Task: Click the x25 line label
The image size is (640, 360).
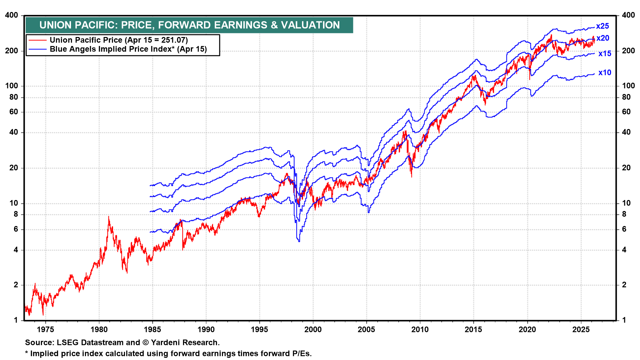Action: click(x=602, y=26)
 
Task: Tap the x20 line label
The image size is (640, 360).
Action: click(x=603, y=38)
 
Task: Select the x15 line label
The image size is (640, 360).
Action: click(x=605, y=54)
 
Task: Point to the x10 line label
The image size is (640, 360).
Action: click(x=605, y=73)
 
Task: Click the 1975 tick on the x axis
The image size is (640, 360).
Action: click(x=45, y=330)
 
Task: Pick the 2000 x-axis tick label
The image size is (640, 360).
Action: click(x=313, y=330)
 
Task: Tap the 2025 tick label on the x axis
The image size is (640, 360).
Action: click(x=581, y=330)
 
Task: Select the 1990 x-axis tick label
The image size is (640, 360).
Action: click(x=206, y=330)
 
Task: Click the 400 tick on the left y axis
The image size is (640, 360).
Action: click(x=12, y=15)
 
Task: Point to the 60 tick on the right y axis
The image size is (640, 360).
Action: click(x=626, y=112)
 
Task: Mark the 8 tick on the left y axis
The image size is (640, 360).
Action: click(x=16, y=214)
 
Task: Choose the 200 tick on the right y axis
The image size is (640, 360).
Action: click(x=628, y=51)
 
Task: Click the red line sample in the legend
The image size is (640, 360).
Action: click(x=37, y=40)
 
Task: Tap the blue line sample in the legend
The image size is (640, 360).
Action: click(x=37, y=49)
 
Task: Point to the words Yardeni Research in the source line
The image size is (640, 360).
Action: click(x=185, y=343)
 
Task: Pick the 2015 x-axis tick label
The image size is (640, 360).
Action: click(x=474, y=330)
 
